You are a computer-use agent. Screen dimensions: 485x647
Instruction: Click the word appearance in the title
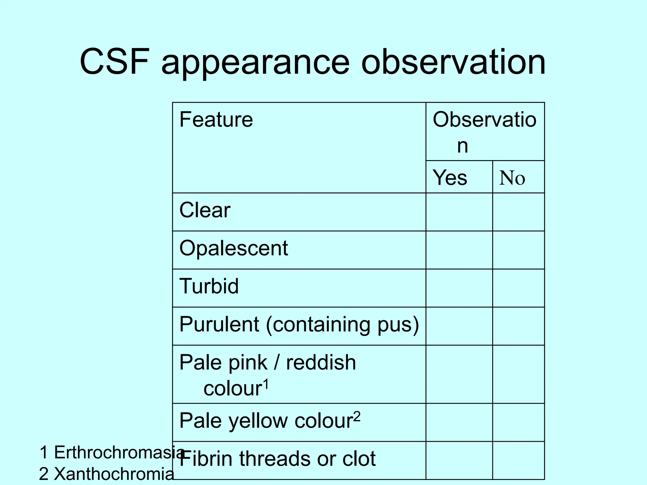(256, 63)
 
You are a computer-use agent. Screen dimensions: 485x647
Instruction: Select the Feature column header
(216, 120)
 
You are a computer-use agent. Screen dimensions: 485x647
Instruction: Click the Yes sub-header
(450, 177)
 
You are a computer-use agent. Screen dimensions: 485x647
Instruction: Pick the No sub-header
(512, 178)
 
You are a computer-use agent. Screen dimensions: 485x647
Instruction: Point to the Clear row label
(205, 210)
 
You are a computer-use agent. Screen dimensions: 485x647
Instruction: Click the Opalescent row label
(233, 248)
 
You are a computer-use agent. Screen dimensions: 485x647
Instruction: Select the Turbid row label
(209, 286)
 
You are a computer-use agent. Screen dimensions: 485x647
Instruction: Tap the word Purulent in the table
(219, 324)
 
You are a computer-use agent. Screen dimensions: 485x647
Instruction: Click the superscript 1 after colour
(266, 384)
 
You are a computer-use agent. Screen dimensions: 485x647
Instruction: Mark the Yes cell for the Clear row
(459, 212)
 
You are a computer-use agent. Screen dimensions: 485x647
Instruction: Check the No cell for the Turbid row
(518, 288)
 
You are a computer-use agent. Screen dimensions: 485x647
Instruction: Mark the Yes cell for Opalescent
(459, 250)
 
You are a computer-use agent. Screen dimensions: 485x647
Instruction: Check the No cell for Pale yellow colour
(518, 422)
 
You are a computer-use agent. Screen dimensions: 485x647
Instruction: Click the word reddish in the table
(321, 362)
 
